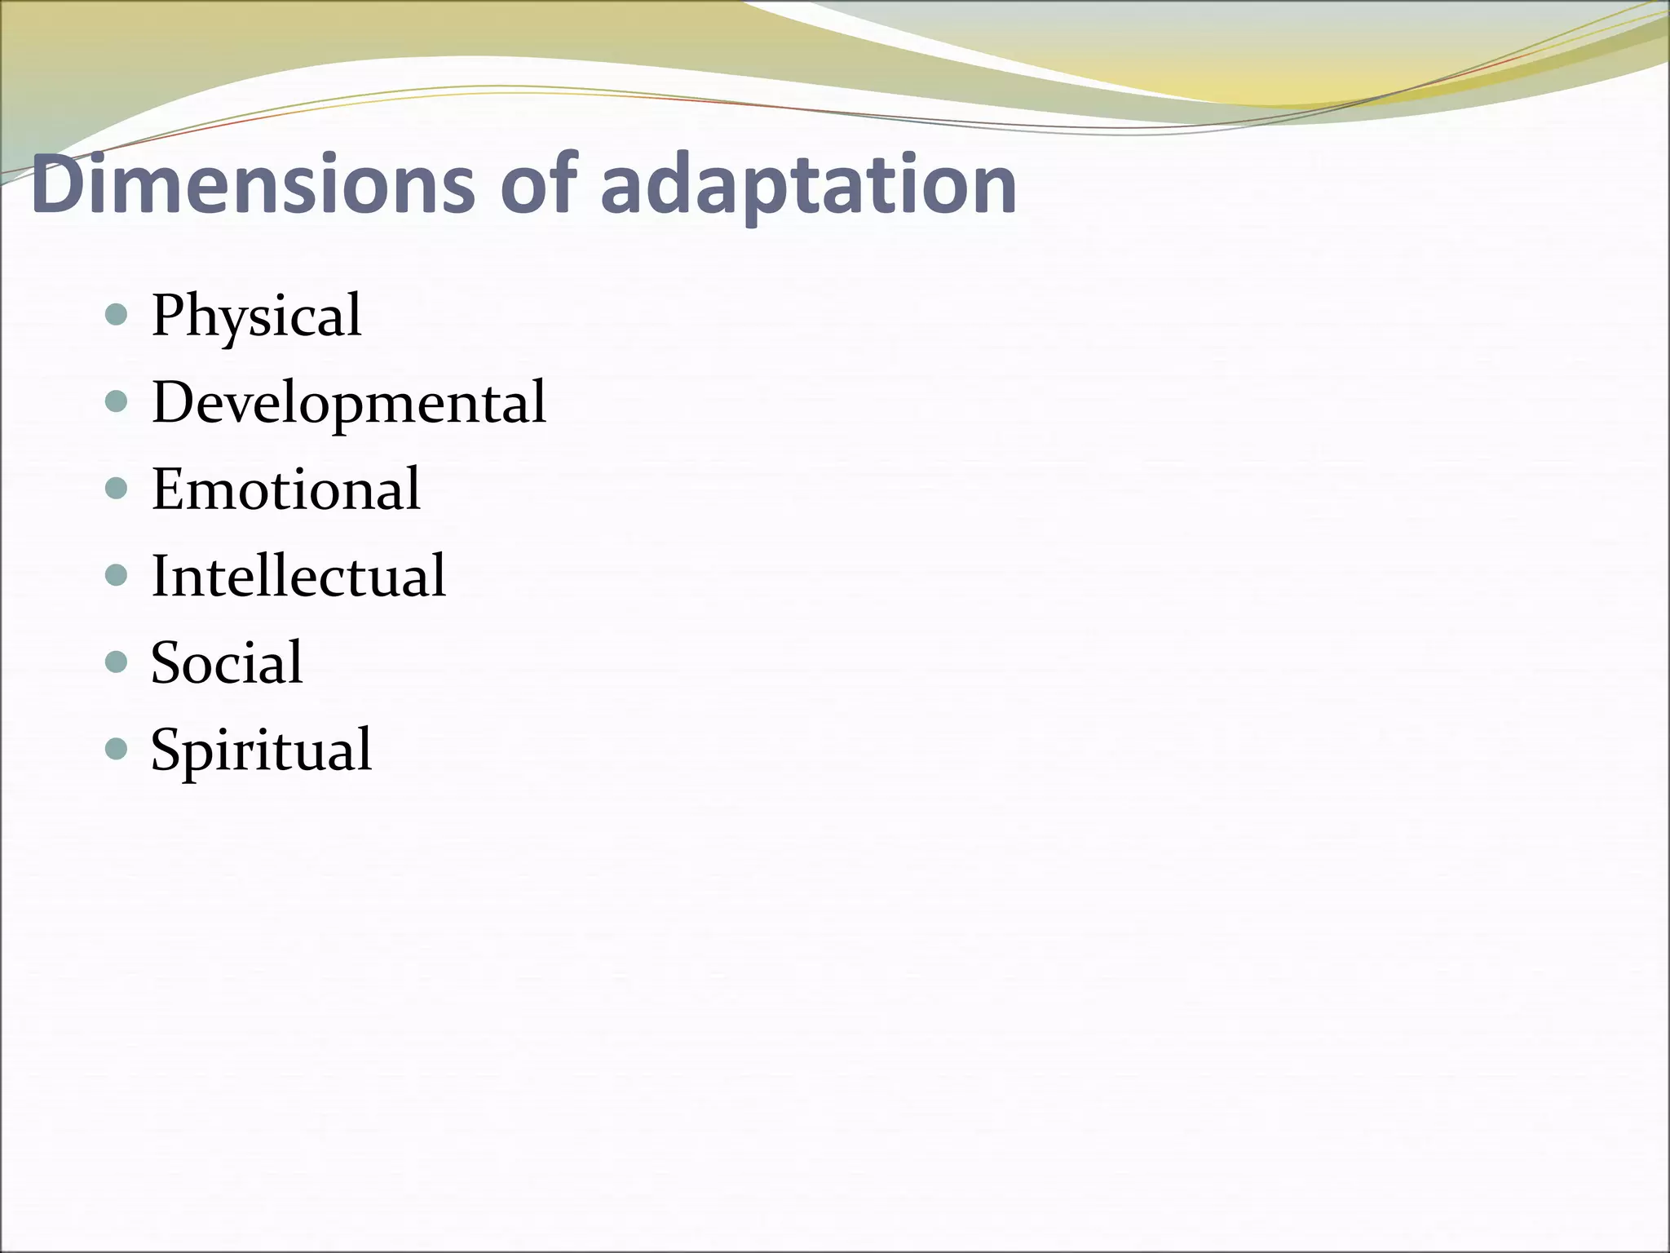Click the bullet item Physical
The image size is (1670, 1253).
coord(256,317)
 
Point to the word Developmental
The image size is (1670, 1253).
coord(349,403)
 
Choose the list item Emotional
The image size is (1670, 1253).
coord(285,489)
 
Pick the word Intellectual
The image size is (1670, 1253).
coord(298,576)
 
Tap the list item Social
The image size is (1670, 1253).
coord(227,662)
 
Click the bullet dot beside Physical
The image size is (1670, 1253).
coord(117,315)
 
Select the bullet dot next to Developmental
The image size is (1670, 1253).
coord(117,401)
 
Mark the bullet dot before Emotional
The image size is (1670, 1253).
coord(117,489)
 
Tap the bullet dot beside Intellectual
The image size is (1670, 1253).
coord(117,575)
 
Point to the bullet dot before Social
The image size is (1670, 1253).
coord(117,662)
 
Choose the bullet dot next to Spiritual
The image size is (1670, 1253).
coord(117,748)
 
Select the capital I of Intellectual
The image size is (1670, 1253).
coord(161,576)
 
